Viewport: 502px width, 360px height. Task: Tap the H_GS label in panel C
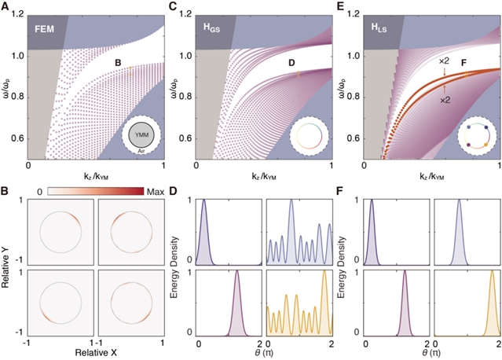coord(210,29)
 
